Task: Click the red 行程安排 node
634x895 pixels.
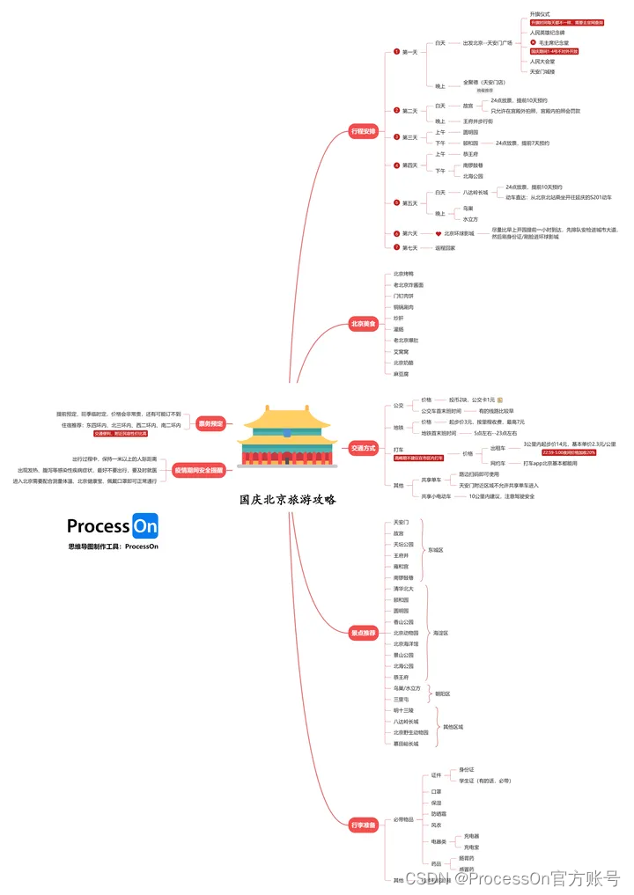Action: pyautogui.click(x=363, y=131)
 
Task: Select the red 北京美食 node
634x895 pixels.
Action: pyautogui.click(x=363, y=324)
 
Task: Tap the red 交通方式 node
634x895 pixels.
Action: pyautogui.click(x=363, y=448)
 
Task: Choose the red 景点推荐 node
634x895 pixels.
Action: pyautogui.click(x=363, y=633)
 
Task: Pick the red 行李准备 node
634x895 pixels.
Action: pyautogui.click(x=363, y=825)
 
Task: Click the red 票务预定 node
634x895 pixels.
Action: pyautogui.click(x=210, y=422)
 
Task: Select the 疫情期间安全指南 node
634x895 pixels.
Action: pyautogui.click(x=198, y=469)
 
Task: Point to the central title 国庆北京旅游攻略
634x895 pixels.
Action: pyautogui.click(x=288, y=499)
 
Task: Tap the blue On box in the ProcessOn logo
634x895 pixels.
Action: pyautogui.click(x=145, y=526)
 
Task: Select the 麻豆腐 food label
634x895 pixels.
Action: pyautogui.click(x=402, y=373)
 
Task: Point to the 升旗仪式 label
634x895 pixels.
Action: pyautogui.click(x=540, y=14)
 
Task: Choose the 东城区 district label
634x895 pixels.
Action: pyautogui.click(x=436, y=550)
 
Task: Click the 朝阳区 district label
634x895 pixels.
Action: pyautogui.click(x=442, y=693)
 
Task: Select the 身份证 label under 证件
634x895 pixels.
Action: pyautogui.click(x=467, y=769)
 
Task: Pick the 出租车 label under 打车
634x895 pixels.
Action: pyautogui.click(x=498, y=448)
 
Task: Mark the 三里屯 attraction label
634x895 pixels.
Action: pyautogui.click(x=402, y=699)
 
